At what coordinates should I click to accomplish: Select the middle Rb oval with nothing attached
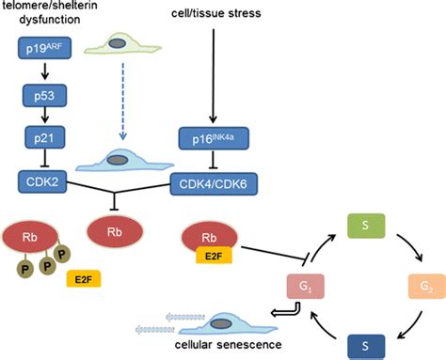[x=115, y=229]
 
